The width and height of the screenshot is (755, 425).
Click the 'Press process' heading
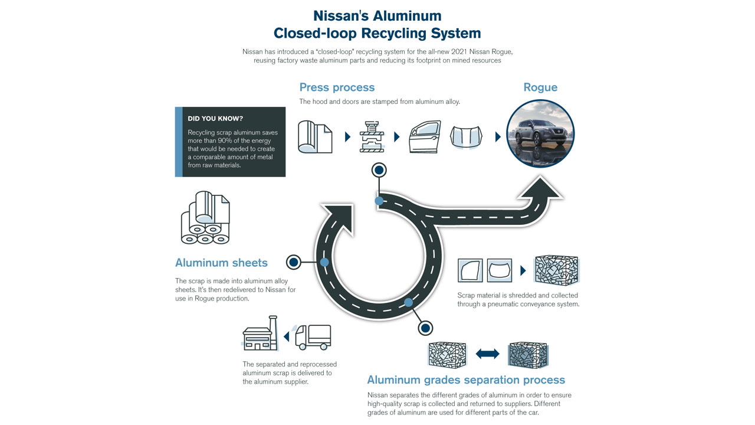click(337, 87)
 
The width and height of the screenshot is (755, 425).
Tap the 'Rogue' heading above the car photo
click(540, 87)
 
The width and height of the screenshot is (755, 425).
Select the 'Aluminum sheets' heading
click(221, 263)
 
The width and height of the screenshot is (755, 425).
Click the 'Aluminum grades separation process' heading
click(466, 380)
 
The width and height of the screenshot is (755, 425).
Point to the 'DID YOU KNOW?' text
click(215, 119)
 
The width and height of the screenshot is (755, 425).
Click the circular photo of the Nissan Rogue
click(540, 134)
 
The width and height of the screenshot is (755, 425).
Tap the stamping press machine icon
click(372, 137)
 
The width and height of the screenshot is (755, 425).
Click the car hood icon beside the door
click(467, 137)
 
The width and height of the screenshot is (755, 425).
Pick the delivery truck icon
click(313, 337)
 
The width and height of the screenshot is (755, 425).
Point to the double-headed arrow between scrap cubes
click(487, 354)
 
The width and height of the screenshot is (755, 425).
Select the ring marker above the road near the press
click(379, 171)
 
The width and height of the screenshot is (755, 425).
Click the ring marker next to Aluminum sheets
click(293, 262)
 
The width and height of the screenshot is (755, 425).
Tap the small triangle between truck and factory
click(286, 337)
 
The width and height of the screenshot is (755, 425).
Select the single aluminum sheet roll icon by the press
click(315, 137)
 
